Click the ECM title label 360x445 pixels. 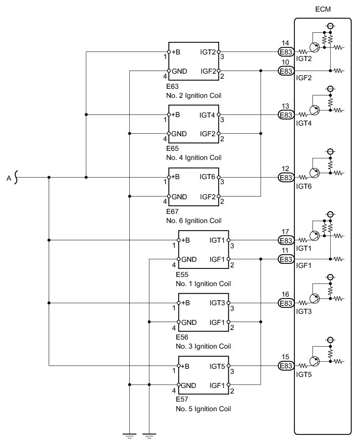point(323,9)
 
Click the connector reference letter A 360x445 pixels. point(9,178)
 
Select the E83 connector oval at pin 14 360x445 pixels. point(286,52)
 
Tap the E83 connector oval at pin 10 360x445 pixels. point(286,71)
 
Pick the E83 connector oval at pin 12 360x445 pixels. point(286,178)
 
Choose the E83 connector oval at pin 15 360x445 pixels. point(286,366)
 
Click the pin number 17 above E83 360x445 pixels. point(285,232)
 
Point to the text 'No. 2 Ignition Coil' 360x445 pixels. point(193,95)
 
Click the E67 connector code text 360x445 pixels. point(172,211)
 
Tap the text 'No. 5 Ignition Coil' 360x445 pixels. point(203,409)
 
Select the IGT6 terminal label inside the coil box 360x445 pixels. point(208,177)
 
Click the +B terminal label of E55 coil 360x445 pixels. point(185,240)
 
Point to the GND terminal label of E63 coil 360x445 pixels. point(179,71)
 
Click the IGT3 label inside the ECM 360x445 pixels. point(304,311)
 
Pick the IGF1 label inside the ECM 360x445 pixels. point(304,265)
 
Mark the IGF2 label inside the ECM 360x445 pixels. point(304,78)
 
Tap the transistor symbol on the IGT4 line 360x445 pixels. point(314,110)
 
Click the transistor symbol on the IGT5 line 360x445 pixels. point(314,361)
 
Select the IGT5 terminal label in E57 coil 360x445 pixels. point(217,366)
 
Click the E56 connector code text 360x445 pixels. point(182,337)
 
